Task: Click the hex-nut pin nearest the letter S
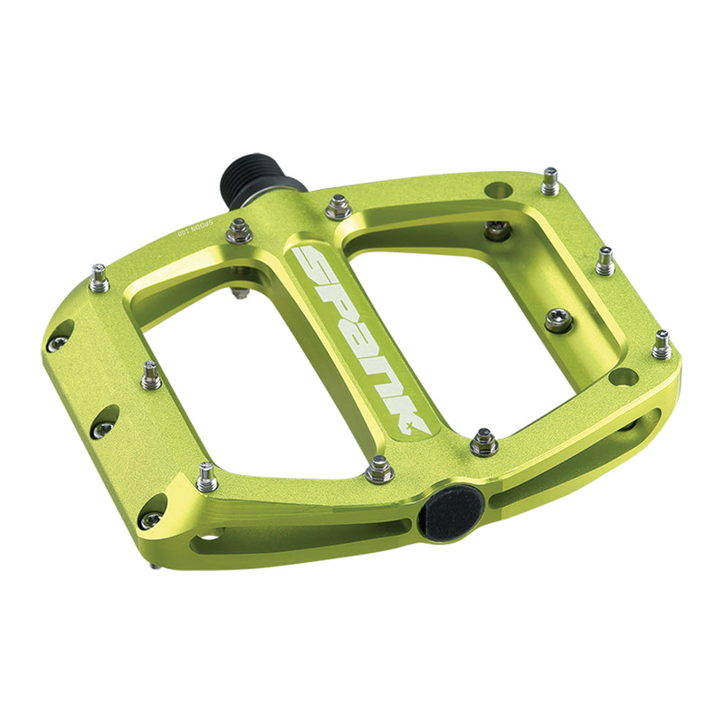[x=338, y=206]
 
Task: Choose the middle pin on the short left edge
[x=151, y=376]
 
